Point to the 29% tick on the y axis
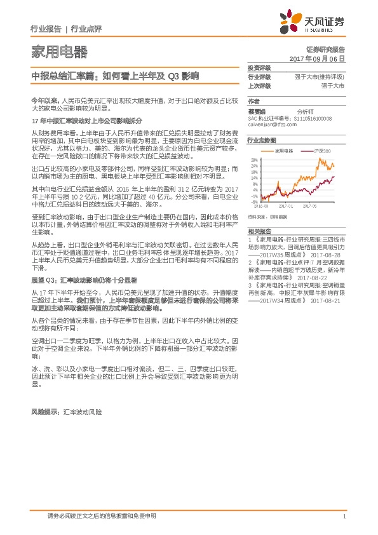click(x=254, y=159)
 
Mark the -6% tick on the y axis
click(x=255, y=201)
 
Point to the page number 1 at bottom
click(x=343, y=517)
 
